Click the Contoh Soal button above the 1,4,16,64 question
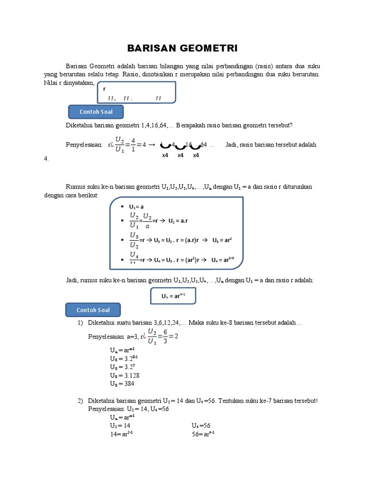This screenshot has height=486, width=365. click(x=96, y=112)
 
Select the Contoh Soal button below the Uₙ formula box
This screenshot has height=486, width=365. click(x=93, y=310)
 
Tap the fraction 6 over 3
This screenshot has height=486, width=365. click(x=165, y=336)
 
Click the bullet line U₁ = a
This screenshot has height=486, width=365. click(x=136, y=206)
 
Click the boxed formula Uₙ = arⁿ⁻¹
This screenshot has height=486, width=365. click(x=173, y=296)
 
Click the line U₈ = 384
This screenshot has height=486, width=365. click(x=122, y=383)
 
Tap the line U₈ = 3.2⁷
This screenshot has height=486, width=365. click(x=122, y=366)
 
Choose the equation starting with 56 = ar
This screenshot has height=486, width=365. click(x=203, y=434)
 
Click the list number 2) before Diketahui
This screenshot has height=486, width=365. click(x=80, y=401)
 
